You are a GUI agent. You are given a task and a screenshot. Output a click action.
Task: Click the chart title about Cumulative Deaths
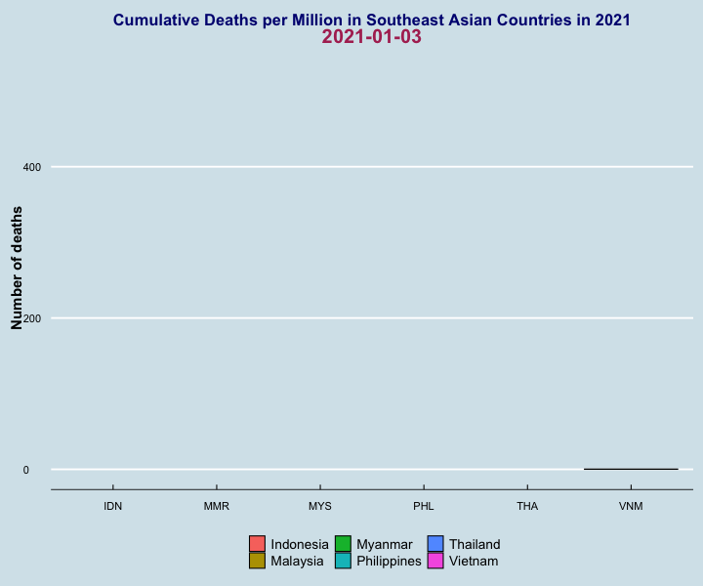pos(372,21)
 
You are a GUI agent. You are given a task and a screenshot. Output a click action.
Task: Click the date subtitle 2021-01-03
pos(372,37)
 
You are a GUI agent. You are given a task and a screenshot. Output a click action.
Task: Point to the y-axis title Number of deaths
pos(17,269)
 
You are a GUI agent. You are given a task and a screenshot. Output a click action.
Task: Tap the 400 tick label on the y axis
pos(32,167)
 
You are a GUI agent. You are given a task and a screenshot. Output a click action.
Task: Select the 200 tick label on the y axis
pos(32,318)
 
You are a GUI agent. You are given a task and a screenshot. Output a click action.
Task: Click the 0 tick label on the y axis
pos(26,470)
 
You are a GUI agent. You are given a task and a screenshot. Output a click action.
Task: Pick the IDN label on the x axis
pos(113,506)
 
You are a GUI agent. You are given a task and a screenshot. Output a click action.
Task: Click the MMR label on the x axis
pos(217,506)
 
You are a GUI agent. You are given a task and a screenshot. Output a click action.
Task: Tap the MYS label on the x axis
pos(320,506)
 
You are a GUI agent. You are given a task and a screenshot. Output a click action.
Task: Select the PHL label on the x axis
pos(424,506)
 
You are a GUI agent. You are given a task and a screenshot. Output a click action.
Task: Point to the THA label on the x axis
pos(527,506)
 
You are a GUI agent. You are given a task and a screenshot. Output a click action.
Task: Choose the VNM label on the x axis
pos(631,506)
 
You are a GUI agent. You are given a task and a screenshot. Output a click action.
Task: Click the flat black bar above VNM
pos(631,469)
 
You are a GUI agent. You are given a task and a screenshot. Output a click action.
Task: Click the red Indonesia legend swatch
pos(258,544)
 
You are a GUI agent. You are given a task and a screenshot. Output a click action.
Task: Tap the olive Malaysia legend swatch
pos(258,561)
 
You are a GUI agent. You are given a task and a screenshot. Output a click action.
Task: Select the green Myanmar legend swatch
pos(343,544)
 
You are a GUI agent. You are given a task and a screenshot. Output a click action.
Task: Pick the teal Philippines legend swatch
pos(343,561)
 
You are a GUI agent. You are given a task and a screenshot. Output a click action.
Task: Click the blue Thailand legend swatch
pos(435,544)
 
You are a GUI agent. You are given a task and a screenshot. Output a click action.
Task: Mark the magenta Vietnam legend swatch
pos(435,561)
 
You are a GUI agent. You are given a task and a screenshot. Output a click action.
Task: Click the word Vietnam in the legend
pos(474,561)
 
